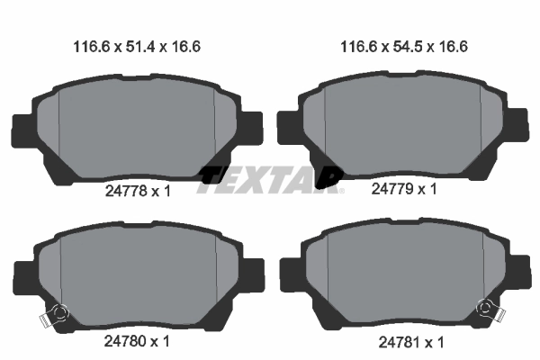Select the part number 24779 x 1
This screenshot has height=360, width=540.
click(403, 189)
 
